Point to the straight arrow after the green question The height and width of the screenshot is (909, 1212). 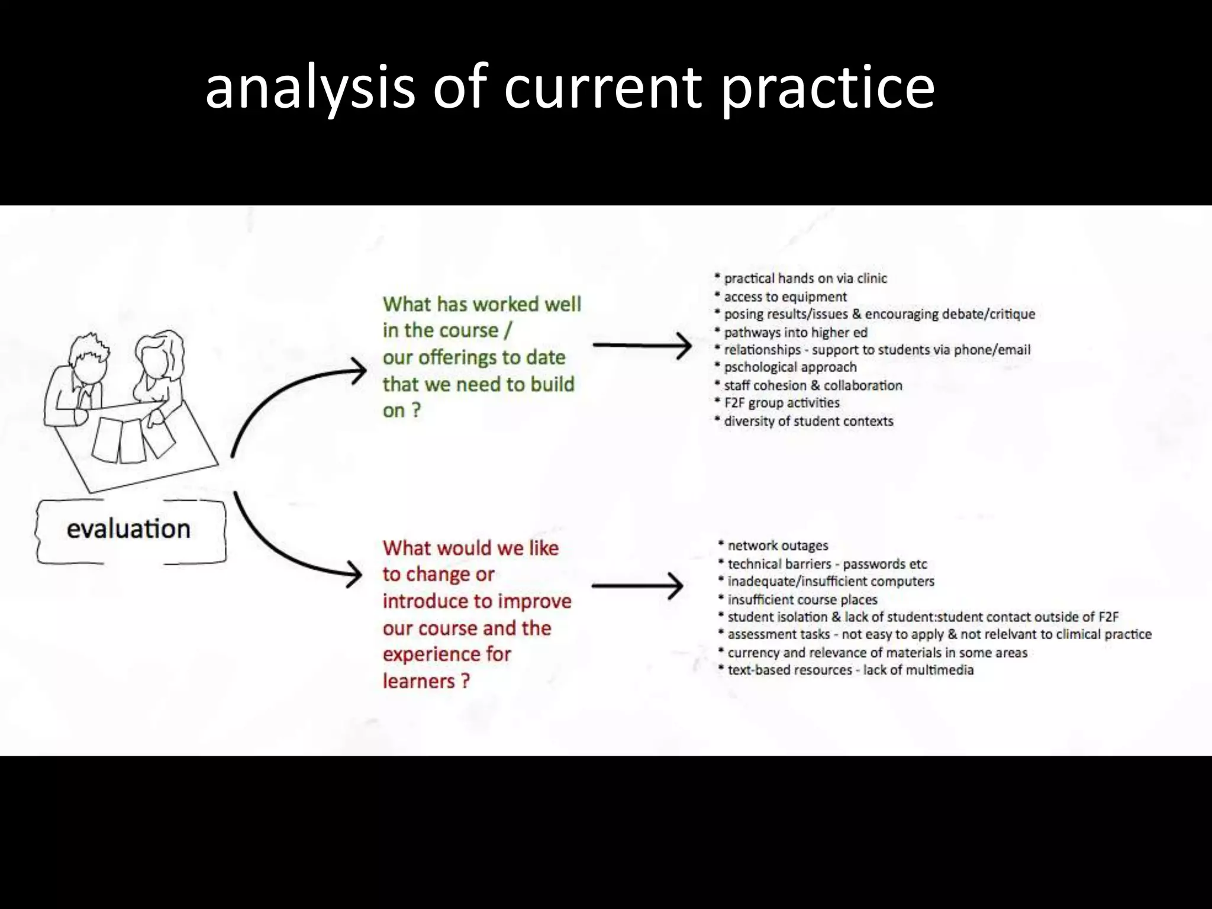coord(642,345)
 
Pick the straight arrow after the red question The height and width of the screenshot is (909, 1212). coord(637,586)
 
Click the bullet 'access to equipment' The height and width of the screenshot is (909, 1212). coord(785,296)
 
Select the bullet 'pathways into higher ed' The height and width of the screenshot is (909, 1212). coord(795,333)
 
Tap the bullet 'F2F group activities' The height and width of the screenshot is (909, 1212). coord(781,403)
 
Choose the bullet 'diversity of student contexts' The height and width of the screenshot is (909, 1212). coord(808,421)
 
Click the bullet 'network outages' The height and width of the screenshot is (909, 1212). coord(777,546)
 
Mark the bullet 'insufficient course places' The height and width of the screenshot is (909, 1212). coord(802,599)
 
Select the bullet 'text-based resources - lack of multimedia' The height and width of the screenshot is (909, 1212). coord(850,670)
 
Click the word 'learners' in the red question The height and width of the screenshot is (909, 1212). coord(419,681)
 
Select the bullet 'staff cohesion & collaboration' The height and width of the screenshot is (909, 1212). coord(813,386)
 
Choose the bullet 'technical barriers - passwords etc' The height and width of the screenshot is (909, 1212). coord(827,564)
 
